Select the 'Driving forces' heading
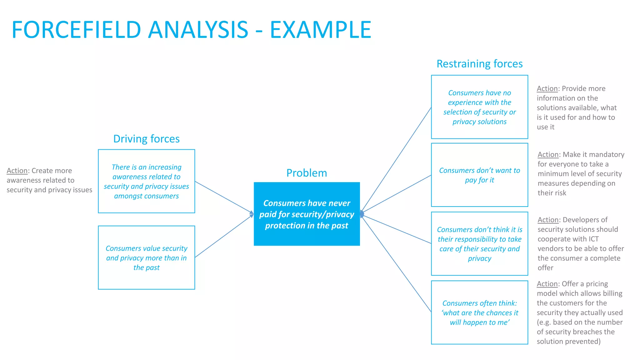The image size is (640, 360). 146,139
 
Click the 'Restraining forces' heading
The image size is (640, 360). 479,64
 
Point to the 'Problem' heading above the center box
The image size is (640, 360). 307,173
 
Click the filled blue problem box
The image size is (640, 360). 307,214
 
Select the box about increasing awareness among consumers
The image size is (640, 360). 146,181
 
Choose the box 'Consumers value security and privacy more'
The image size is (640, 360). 146,258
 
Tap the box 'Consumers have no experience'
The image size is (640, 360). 479,107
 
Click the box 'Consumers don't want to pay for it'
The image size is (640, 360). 479,175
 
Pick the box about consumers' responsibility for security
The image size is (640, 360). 479,244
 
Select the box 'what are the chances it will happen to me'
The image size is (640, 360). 479,312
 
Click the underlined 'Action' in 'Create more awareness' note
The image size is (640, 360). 17,171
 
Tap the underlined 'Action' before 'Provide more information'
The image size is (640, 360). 547,89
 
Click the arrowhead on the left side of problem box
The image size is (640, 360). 252,214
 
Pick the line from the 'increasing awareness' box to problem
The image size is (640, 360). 223,197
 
